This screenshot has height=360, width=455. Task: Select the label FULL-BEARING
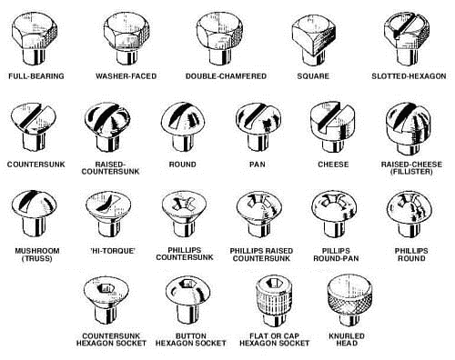tap(36, 76)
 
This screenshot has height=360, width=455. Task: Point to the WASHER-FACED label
tap(126, 76)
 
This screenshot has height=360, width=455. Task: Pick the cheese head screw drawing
tap(332, 127)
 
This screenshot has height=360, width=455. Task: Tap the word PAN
tap(258, 165)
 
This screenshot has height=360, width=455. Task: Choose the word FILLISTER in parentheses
tap(411, 172)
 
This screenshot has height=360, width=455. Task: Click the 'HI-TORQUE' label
tap(112, 251)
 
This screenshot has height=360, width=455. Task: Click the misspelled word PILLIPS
tap(336, 251)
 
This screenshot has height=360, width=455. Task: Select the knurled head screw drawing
tap(349, 300)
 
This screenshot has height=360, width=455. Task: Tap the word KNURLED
tap(347, 336)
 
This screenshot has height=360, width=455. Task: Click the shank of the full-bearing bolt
tap(35, 57)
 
